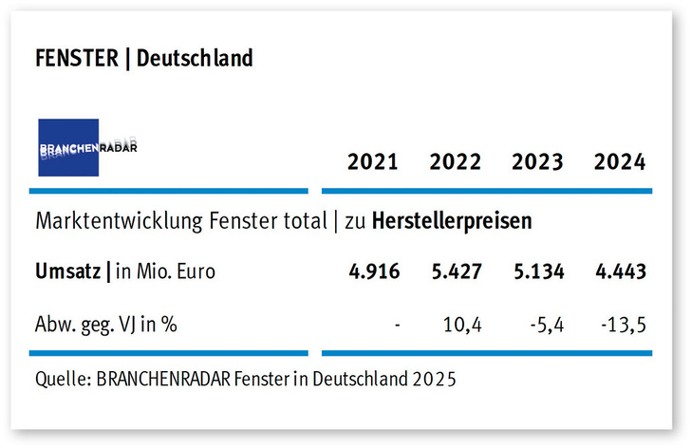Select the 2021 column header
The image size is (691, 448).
pos(373,161)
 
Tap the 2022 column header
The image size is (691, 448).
pos(456,161)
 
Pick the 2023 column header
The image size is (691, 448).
pos(538,161)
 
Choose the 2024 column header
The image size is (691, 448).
pos(620,161)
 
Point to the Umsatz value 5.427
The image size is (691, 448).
pos(456,271)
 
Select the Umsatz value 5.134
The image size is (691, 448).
pos(538,271)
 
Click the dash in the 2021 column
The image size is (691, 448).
pos(397,326)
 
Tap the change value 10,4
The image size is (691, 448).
pos(463,326)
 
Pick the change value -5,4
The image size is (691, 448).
pos(546,326)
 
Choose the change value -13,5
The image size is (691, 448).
pos(624,326)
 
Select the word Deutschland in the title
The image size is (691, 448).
pos(195,59)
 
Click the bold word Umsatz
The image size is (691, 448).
pos(68,271)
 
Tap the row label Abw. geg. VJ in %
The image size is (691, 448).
pos(106,326)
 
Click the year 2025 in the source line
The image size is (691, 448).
pos(435,380)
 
